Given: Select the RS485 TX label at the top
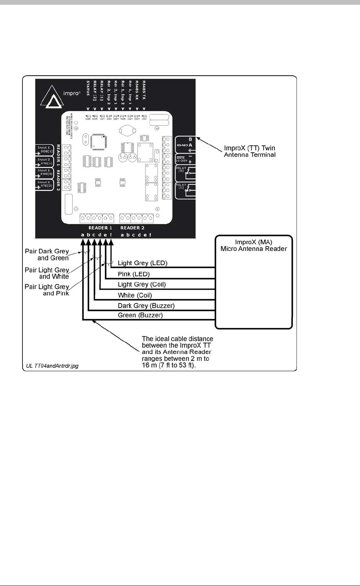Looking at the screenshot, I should [144, 90].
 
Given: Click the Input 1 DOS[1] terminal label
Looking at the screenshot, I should [44, 150].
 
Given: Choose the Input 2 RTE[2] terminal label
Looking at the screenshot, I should [44, 184].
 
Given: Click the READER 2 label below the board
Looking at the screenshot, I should [132, 228].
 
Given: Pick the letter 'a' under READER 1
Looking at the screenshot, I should [82, 235].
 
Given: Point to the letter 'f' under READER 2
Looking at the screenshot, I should [150, 235].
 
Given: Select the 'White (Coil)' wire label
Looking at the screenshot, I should [135, 295].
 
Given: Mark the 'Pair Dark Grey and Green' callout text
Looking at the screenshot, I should [47, 255].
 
